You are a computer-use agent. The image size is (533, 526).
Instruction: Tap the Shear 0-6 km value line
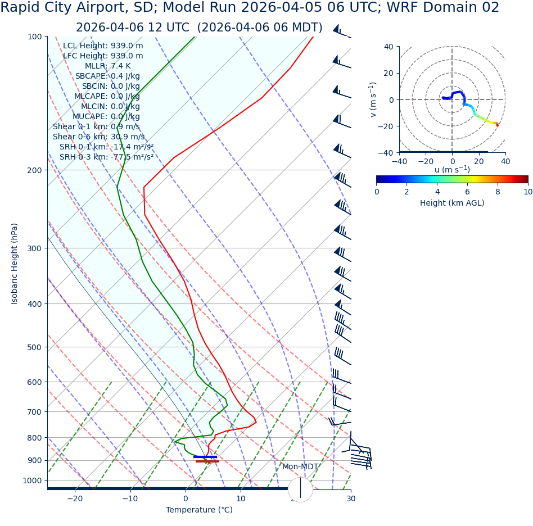point(98,137)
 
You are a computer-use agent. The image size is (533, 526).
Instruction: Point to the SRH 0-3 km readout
point(106,157)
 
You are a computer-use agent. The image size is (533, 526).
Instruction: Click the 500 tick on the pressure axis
point(35,347)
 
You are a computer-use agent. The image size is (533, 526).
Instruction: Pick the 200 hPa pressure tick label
point(35,170)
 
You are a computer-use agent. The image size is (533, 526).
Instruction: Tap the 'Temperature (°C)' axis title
point(199,510)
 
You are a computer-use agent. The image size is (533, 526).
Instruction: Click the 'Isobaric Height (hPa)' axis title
point(15,264)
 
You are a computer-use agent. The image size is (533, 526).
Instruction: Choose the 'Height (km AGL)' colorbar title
point(452,203)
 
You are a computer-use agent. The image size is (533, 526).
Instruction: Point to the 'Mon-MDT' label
point(300,467)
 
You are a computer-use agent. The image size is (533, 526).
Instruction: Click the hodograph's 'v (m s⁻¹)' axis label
point(373,99)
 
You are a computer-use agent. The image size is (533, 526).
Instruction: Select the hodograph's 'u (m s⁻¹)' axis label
point(452,170)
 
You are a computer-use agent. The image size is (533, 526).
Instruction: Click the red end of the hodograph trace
point(497,125)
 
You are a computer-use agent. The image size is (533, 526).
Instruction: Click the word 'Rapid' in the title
point(22,8)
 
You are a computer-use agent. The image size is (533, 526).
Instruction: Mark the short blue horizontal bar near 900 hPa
point(205,457)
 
